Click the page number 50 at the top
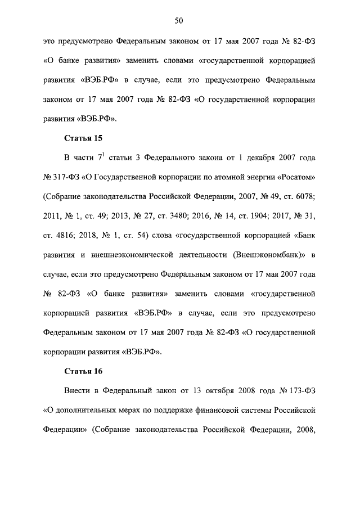pyautogui.click(x=179, y=21)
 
